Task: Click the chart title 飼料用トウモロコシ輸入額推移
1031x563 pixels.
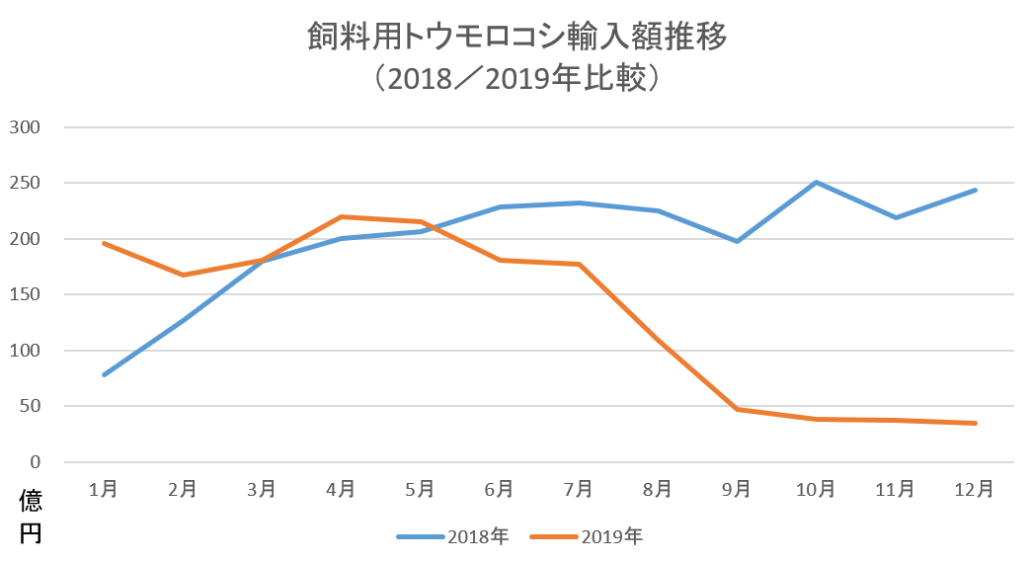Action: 516,39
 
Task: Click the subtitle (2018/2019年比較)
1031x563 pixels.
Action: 516,78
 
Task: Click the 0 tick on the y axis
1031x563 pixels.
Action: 36,462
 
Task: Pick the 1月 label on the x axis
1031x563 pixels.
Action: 104,488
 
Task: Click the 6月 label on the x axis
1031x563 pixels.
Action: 499,488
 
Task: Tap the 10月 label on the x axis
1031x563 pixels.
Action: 816,488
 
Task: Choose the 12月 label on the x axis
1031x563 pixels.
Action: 975,488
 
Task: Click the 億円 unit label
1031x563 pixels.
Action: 31,517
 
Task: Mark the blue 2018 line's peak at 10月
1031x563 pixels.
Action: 817,183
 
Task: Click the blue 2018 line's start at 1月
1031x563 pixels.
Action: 104,375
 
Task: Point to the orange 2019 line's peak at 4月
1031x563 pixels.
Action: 341,216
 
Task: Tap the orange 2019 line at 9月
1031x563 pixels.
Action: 738,409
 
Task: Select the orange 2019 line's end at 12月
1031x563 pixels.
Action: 976,423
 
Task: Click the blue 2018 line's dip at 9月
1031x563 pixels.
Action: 738,241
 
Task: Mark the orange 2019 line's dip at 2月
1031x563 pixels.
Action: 183,275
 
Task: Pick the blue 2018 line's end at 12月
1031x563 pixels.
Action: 976,190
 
